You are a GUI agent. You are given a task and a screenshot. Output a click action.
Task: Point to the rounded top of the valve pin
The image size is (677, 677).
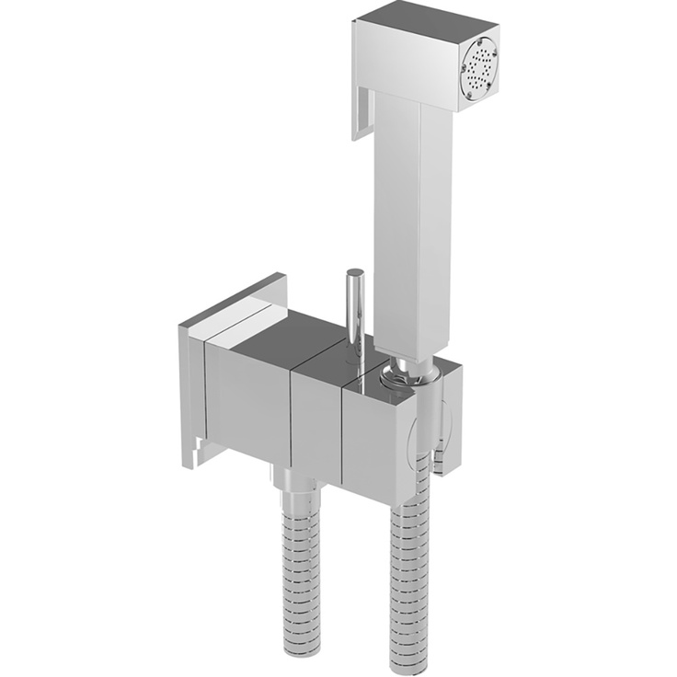click(353, 274)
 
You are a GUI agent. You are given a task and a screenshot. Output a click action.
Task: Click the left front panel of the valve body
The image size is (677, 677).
click(247, 405)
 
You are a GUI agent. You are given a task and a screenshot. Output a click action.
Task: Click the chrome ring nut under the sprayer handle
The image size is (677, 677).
click(407, 373)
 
